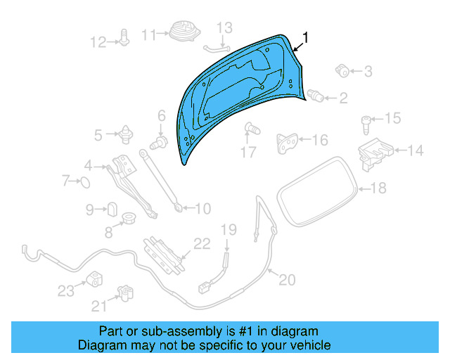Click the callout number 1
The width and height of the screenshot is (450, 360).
(306, 37)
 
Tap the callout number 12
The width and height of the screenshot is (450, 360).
(97, 42)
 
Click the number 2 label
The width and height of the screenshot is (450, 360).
(342, 98)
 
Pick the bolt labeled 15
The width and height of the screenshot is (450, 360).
(367, 126)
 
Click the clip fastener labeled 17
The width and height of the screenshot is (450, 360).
(250, 129)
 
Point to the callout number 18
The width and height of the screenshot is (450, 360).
(378, 188)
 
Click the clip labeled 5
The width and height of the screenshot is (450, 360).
(127, 132)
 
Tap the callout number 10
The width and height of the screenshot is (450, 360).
(202, 209)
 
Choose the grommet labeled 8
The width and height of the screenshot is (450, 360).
(129, 218)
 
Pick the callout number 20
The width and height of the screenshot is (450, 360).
(287, 280)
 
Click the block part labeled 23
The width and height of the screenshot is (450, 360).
(94, 279)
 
